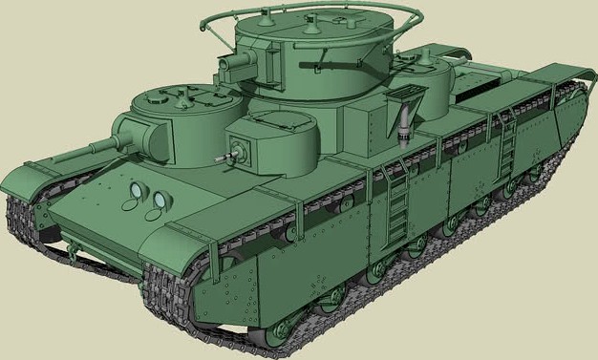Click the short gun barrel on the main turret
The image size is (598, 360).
[x=232, y=64]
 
